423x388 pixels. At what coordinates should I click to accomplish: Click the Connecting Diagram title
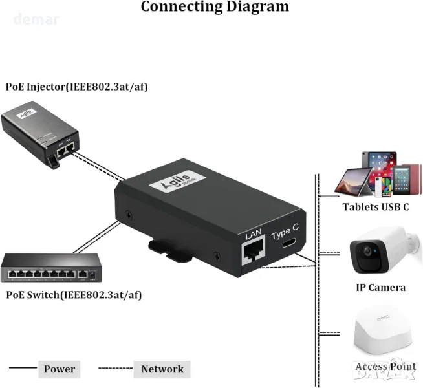point(215,7)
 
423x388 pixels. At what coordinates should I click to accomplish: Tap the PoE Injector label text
point(76,86)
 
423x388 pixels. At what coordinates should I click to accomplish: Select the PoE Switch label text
point(72,295)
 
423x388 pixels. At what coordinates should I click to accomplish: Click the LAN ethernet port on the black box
point(252,252)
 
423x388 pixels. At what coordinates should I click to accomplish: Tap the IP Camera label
point(380,287)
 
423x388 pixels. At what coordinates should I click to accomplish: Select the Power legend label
point(60,369)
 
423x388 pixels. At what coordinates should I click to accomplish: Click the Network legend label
point(162,369)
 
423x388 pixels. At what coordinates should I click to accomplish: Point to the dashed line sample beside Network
point(114,369)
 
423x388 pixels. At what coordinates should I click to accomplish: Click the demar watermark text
point(36,20)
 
